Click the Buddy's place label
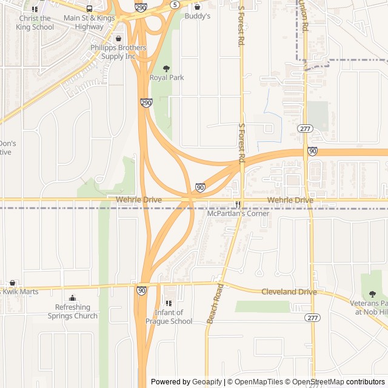197,16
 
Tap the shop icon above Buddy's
197,7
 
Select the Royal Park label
167,78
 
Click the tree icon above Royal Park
167,69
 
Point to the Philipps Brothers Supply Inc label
118,52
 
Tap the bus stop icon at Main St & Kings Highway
90,9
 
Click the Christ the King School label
35,22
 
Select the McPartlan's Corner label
238,213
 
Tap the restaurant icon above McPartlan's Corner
238,204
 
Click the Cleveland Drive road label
289,292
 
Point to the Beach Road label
215,303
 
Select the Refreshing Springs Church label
73,312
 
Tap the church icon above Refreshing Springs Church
73,298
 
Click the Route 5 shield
175,5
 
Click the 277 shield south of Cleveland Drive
312,318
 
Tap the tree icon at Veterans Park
372,294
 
